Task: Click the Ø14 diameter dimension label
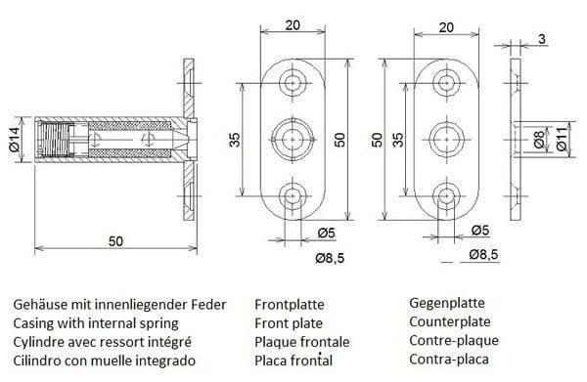point(15,140)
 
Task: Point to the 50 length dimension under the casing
point(115,241)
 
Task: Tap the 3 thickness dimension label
point(542,39)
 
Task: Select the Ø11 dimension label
point(562,140)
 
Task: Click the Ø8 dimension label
point(539,140)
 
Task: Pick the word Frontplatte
point(290,304)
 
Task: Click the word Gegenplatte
point(447,303)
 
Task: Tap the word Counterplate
point(450,321)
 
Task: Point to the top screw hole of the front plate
point(293,83)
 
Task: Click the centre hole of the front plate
point(293,140)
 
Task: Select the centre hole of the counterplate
point(447,140)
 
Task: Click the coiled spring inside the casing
point(55,140)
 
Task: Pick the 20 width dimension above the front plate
point(293,25)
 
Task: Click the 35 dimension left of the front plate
point(235,140)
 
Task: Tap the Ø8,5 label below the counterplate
point(483,255)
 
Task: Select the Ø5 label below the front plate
point(327,233)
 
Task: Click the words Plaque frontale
point(302,342)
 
